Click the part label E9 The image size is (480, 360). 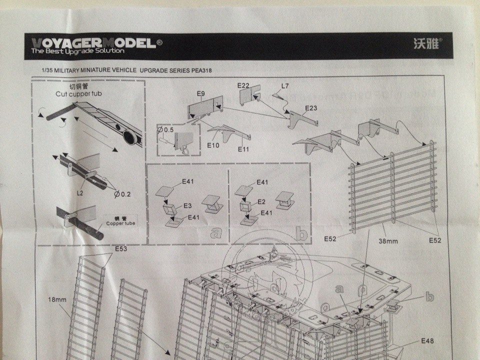[201, 93]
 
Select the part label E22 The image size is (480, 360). [243, 86]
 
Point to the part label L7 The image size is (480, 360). [285, 86]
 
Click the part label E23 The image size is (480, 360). [311, 108]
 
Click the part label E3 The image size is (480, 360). [187, 205]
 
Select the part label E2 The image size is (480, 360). [260, 201]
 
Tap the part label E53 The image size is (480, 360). [121, 248]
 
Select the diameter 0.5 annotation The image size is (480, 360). [166, 130]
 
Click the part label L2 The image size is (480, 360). [80, 192]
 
